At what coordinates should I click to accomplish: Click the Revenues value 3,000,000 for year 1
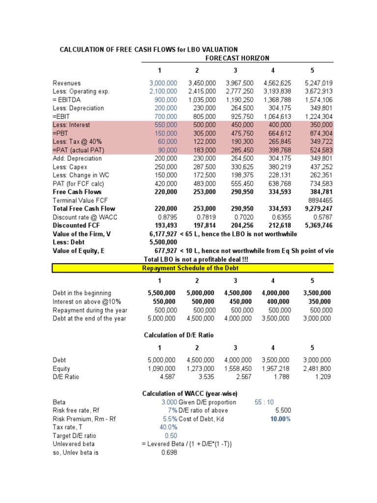click(163, 83)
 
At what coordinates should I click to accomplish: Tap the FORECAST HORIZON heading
click(237, 58)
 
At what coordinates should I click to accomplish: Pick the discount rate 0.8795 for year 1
click(167, 217)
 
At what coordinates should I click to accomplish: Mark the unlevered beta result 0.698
click(169, 452)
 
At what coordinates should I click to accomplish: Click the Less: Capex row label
click(70, 167)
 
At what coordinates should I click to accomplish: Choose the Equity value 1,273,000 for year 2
click(201, 368)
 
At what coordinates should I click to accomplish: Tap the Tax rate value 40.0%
click(168, 427)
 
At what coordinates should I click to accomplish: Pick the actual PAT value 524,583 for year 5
click(319, 150)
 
